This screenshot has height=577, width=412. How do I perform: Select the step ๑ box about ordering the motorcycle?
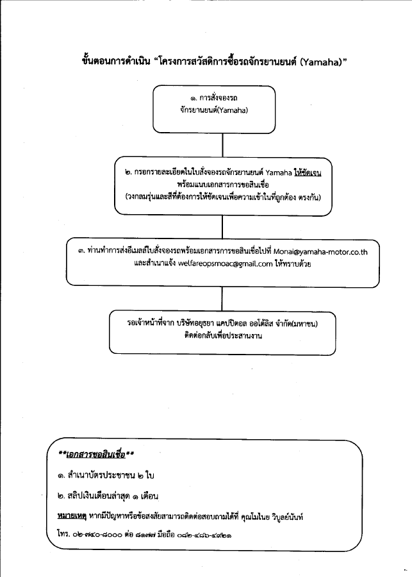tap(213, 108)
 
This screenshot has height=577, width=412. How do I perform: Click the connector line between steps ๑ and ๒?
tap(222, 144)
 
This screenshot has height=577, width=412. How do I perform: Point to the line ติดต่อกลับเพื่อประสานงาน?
tap(222, 335)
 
